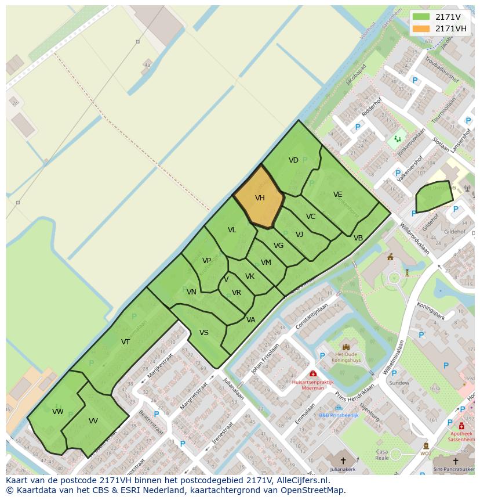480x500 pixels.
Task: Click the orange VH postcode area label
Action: [260, 198]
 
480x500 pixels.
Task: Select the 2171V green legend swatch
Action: [421, 17]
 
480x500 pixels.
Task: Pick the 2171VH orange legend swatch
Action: [421, 28]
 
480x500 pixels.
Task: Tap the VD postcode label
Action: [293, 160]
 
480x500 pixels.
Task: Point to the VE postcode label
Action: [338, 195]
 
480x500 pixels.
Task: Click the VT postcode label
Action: [125, 342]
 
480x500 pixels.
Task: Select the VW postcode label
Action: [57, 412]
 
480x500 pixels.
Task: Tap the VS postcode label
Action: [204, 333]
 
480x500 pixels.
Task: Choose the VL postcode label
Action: [232, 230]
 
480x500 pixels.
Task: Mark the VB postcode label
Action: [358, 238]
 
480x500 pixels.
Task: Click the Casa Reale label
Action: [382, 455]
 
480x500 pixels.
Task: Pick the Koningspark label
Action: [431, 311]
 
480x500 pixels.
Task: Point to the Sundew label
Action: [399, 383]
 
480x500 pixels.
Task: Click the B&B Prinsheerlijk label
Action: [339, 415]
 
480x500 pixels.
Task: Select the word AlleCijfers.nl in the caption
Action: [303, 481]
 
